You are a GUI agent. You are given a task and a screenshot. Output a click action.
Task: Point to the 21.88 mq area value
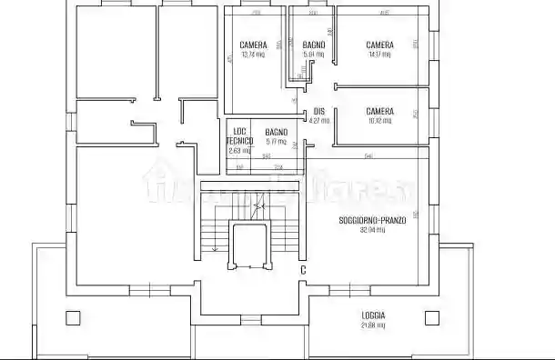(x=373, y=325)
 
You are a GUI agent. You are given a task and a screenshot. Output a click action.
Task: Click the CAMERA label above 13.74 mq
(x=253, y=45)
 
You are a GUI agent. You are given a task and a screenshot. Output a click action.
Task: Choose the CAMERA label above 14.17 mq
(x=379, y=45)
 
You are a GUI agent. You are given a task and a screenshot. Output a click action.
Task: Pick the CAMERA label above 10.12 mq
(x=380, y=111)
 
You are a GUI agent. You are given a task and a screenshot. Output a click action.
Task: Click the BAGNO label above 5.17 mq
(x=277, y=133)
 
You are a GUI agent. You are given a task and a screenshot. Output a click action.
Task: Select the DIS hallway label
(x=318, y=112)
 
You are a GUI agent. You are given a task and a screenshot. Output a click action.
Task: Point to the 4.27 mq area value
(x=318, y=120)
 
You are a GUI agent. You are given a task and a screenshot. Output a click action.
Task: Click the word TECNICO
(x=239, y=141)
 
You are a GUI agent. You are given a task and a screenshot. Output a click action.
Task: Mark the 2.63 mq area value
(x=239, y=150)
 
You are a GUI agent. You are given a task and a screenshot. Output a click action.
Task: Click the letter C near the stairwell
(x=303, y=269)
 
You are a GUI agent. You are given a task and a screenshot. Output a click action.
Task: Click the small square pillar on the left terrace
(x=73, y=318)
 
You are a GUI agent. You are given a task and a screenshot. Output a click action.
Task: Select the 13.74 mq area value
(x=253, y=55)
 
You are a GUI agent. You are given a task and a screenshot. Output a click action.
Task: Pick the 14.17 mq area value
(x=379, y=55)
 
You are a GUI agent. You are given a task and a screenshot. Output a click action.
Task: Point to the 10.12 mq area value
(x=380, y=120)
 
